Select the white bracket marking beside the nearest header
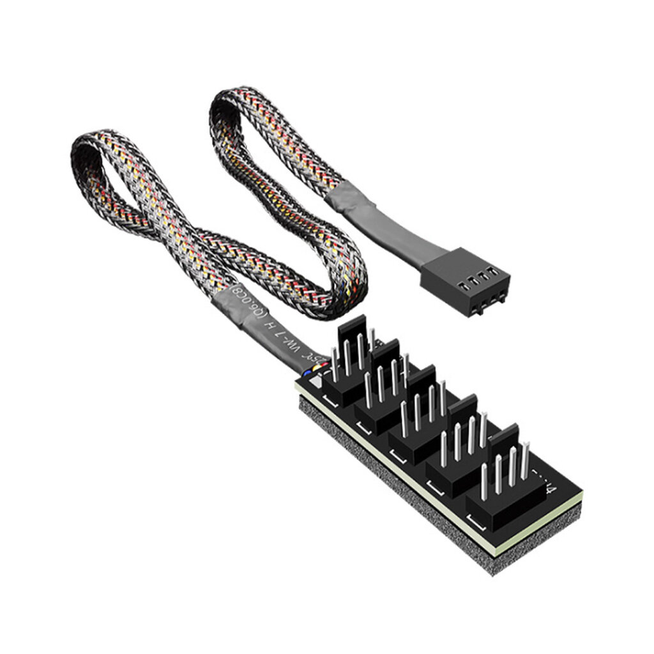pyautogui.click(x=331, y=400)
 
